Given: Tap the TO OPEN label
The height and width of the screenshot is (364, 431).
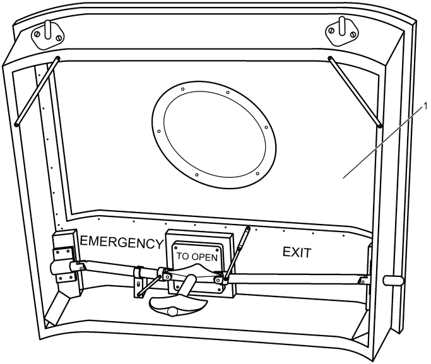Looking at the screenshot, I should coord(197,257).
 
